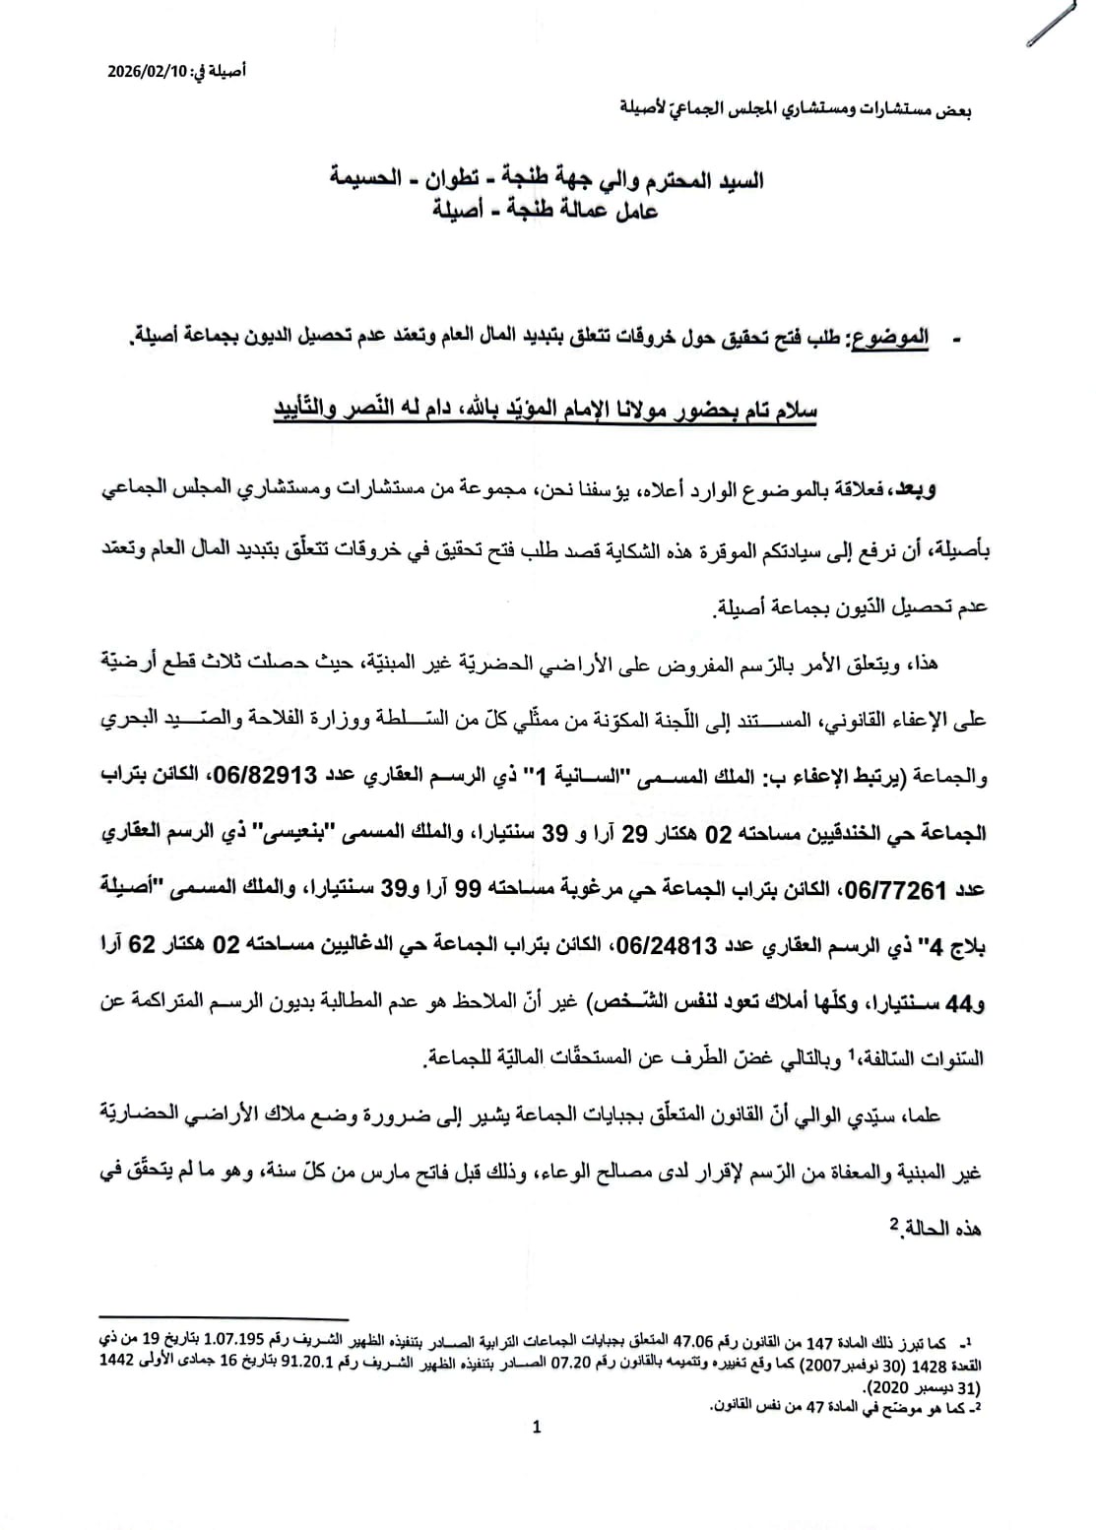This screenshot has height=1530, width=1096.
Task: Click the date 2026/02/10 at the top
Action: click(148, 72)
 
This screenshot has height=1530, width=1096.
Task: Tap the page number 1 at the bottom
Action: click(537, 1427)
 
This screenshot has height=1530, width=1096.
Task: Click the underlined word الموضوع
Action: click(892, 339)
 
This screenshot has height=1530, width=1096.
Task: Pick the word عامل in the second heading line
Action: click(634, 210)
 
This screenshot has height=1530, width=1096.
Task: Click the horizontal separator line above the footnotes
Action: click(226, 1317)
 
